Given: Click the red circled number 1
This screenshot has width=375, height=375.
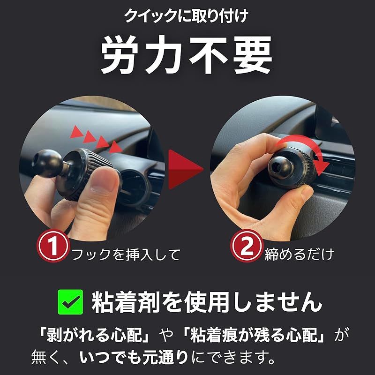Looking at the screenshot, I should (x=53, y=247).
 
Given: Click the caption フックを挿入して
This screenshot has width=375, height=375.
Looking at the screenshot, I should (x=125, y=255).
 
